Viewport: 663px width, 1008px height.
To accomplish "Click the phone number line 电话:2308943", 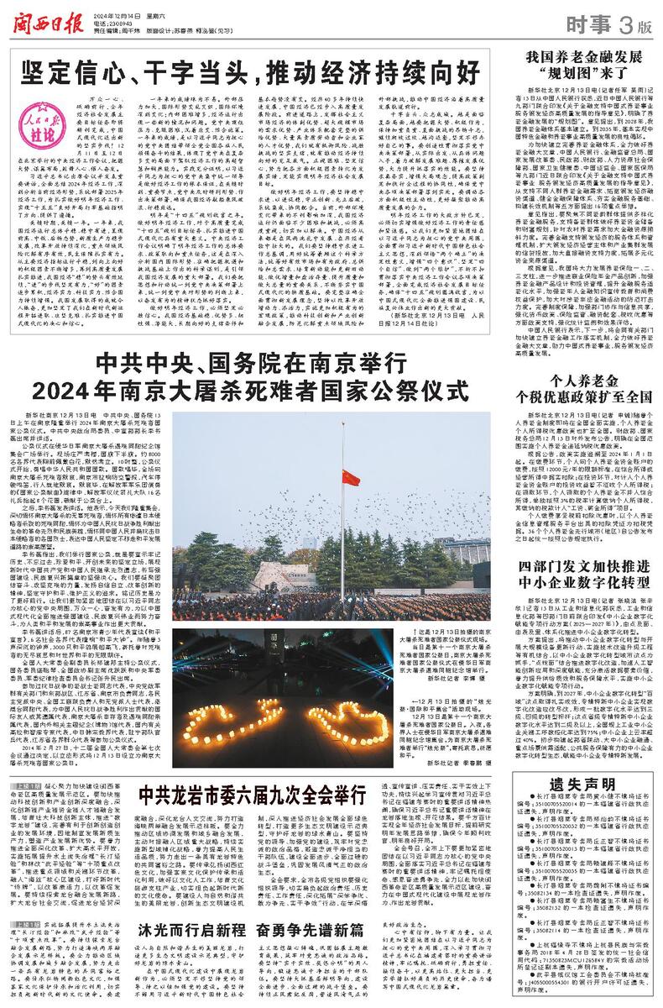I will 112,21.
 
